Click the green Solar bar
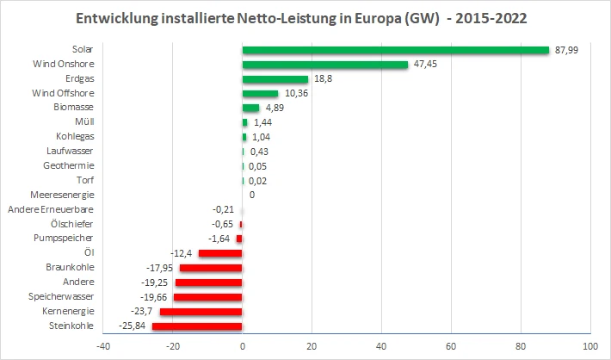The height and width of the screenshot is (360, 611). [396, 50]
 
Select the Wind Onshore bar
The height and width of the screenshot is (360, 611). [325, 65]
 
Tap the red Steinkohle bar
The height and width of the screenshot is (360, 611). [197, 326]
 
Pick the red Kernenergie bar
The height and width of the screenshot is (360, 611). [201, 311]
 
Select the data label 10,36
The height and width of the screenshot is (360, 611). [296, 93]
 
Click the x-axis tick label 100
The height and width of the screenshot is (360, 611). [589, 346]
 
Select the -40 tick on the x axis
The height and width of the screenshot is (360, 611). [103, 346]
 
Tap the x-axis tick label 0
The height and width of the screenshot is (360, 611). [243, 346]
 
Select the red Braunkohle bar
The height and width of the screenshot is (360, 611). [211, 268]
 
